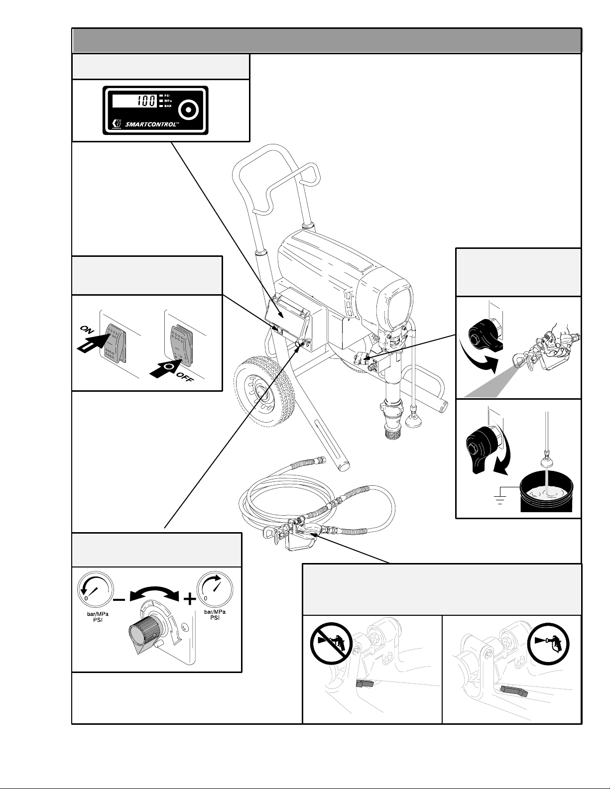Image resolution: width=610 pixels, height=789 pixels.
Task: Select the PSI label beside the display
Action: [x=167, y=95]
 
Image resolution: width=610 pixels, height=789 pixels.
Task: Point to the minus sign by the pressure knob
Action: [x=120, y=600]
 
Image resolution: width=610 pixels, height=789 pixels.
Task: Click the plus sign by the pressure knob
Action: [x=189, y=600]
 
